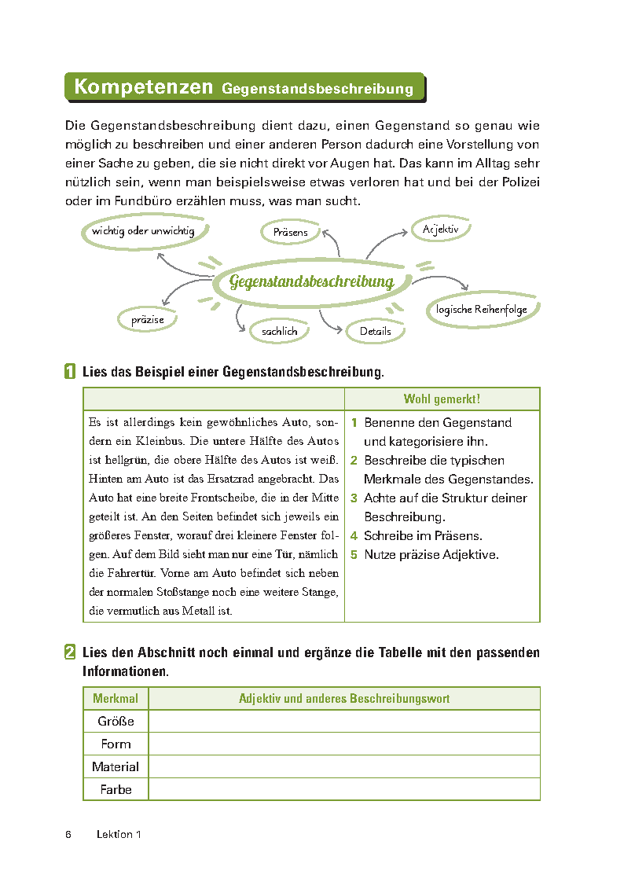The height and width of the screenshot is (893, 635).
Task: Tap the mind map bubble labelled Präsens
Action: coord(290,232)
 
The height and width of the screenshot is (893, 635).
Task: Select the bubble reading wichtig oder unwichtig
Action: coord(143,231)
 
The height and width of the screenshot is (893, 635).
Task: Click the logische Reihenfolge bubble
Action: coord(482,310)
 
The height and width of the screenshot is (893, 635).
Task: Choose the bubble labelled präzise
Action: coord(148,320)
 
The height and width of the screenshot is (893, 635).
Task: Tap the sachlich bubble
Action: coord(279,331)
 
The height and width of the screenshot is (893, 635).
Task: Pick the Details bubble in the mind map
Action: coord(375,331)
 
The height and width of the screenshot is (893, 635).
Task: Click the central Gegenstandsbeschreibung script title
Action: coord(311,281)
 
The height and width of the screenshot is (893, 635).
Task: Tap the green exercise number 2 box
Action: coord(71,652)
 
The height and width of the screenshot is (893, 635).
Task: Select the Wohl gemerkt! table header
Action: coord(442,399)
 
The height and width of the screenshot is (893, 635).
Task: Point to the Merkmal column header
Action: coord(116,699)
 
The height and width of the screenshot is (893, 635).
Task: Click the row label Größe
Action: coord(116,722)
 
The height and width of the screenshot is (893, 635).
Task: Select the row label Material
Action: coord(116,767)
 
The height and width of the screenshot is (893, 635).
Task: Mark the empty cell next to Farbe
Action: coord(343,789)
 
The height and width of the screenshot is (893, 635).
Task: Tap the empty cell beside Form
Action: coord(343,744)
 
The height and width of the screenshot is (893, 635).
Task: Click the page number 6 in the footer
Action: coord(69,835)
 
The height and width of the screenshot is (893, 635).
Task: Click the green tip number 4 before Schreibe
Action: coord(354,536)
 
